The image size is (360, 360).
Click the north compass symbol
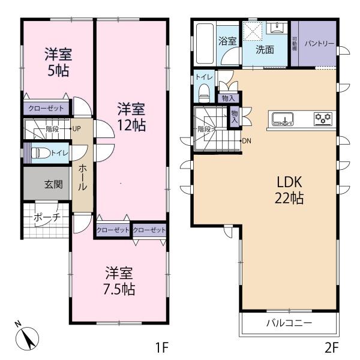tap(26, 337)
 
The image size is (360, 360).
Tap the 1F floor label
tap(163, 347)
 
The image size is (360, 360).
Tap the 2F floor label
tap(332, 347)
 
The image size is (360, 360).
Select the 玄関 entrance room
tap(46, 183)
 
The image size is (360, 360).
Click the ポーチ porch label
tap(47, 217)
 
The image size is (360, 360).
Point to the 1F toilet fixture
tap(40, 153)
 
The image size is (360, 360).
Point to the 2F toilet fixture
tap(204, 93)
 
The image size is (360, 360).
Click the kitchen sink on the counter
tap(283, 119)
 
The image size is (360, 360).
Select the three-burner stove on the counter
tap(323, 118)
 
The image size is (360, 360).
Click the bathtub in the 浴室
tap(205, 43)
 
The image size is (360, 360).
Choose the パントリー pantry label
tap(319, 43)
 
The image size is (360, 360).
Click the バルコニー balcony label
tap(289, 323)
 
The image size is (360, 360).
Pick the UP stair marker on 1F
tap(76, 129)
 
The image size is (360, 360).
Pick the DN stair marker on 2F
tap(247, 141)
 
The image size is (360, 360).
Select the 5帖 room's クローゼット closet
tap(46, 107)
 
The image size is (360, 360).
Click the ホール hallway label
tap(83, 178)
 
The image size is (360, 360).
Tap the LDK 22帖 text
tap(289, 190)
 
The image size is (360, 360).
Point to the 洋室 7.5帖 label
tap(119, 281)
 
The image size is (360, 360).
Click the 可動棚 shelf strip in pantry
tap(295, 43)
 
